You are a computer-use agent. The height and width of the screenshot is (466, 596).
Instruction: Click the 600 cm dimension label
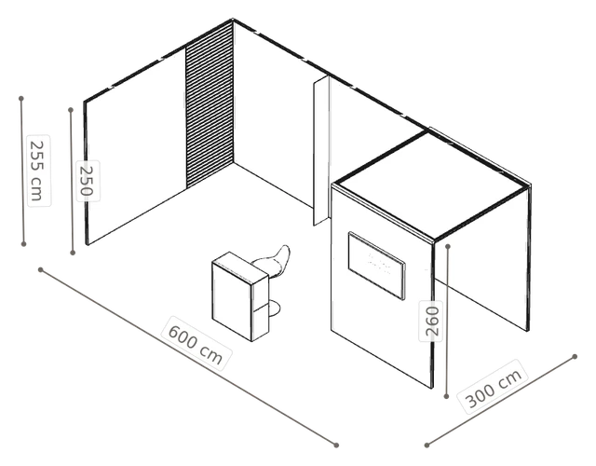(196, 343)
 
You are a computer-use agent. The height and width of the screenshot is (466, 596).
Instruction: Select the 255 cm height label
(38, 171)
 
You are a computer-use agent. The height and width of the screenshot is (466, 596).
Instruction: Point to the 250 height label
(88, 181)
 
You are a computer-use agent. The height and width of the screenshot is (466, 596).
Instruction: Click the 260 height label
(431, 321)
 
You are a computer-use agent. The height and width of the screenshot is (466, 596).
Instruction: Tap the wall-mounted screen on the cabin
(376, 265)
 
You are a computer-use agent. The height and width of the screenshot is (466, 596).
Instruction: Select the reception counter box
(240, 296)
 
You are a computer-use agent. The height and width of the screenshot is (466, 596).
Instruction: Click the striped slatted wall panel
(210, 104)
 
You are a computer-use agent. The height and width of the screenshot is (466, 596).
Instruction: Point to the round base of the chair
(275, 308)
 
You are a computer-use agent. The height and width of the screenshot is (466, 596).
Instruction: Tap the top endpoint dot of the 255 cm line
(21, 99)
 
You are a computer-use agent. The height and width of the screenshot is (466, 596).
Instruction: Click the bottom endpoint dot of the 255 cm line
(23, 244)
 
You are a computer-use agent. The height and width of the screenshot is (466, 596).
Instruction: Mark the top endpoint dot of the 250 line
(71, 110)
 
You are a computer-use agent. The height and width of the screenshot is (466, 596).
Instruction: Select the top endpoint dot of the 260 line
(448, 246)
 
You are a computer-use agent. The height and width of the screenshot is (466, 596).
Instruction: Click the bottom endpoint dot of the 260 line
(446, 396)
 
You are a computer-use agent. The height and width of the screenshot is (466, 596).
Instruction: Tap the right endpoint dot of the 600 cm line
(336, 445)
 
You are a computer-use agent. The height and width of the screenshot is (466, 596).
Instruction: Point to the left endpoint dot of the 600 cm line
(41, 270)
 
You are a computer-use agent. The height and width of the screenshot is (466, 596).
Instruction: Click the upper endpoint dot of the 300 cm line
(575, 357)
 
